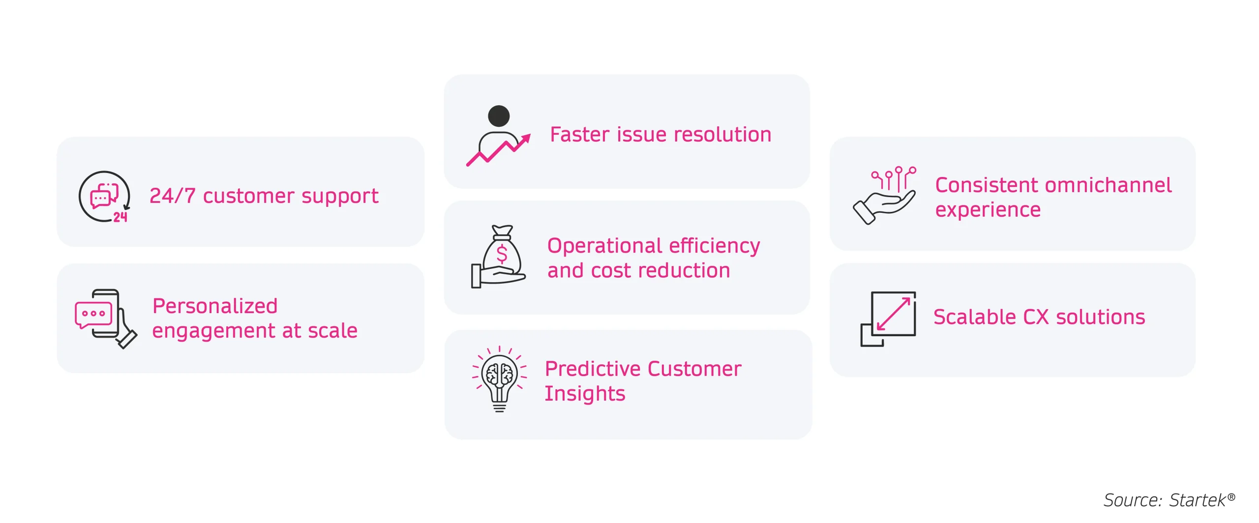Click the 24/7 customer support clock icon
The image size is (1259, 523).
point(104,197)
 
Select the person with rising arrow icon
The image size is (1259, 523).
point(498,136)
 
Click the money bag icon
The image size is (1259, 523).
point(499,257)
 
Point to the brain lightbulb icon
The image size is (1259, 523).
point(499,378)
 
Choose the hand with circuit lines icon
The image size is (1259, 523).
point(884,195)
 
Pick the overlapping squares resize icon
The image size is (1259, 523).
point(888,319)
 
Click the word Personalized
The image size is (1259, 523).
point(215,306)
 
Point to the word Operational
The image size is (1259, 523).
point(604,246)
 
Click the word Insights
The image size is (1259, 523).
point(585,394)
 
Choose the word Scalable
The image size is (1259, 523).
point(974,317)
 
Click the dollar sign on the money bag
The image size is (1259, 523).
point(502,254)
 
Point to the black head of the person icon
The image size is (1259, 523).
point(499,116)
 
